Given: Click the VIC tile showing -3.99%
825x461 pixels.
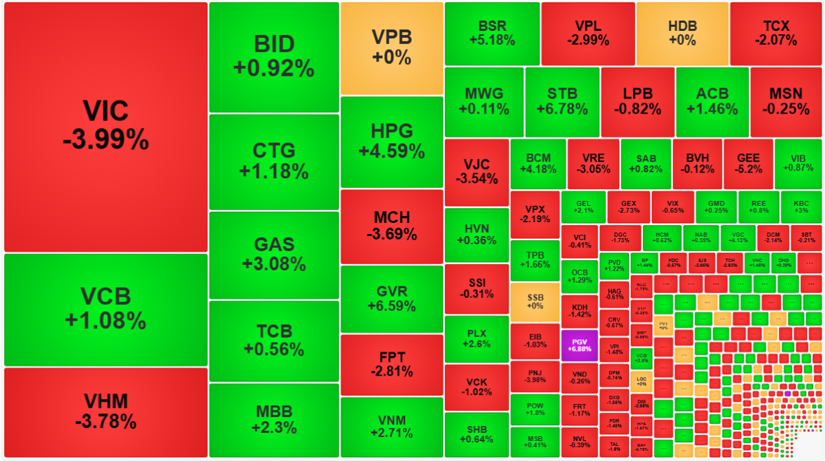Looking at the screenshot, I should pyautogui.click(x=105, y=127).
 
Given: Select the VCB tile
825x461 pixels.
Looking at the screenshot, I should pyautogui.click(x=105, y=309).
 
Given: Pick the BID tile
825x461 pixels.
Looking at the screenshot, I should pyautogui.click(x=274, y=56).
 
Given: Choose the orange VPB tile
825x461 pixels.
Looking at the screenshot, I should pyautogui.click(x=391, y=48).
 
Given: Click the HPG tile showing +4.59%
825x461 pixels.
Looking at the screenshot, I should pyautogui.click(x=391, y=141).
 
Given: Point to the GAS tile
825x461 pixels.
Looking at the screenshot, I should pyautogui.click(x=274, y=255).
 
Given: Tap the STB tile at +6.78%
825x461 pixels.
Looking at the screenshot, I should pyautogui.click(x=562, y=102).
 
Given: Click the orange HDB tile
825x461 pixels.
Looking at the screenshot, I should pyautogui.click(x=682, y=33).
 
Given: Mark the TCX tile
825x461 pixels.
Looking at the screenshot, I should pyautogui.click(x=775, y=33).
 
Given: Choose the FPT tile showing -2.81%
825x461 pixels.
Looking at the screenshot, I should pyautogui.click(x=391, y=364).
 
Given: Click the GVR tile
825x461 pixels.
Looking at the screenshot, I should pyautogui.click(x=391, y=298).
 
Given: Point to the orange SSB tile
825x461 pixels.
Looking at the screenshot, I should pyautogui.click(x=535, y=301).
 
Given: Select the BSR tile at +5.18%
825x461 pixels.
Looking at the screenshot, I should pyautogui.click(x=492, y=33).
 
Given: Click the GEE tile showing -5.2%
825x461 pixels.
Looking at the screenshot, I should pyautogui.click(x=747, y=164).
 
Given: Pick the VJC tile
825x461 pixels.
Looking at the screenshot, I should pyautogui.click(x=476, y=172).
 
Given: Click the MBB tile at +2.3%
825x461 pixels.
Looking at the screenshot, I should pyautogui.click(x=274, y=420).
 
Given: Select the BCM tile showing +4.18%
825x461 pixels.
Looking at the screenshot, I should pyautogui.click(x=538, y=164).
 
